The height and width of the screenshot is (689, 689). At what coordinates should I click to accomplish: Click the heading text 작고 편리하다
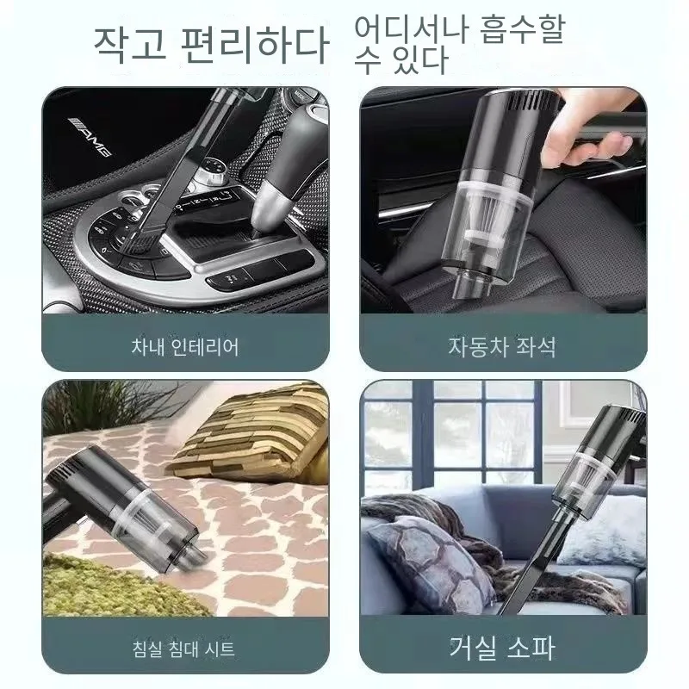(x=210, y=41)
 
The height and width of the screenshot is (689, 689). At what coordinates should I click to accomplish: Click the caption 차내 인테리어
(x=185, y=346)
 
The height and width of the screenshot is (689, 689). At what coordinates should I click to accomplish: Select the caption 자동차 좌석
(x=502, y=346)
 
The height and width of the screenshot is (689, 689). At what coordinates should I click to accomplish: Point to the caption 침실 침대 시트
(x=185, y=647)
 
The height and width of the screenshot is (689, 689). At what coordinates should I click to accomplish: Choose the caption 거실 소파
(x=502, y=646)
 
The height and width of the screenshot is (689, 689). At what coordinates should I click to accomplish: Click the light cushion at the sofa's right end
(x=607, y=534)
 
